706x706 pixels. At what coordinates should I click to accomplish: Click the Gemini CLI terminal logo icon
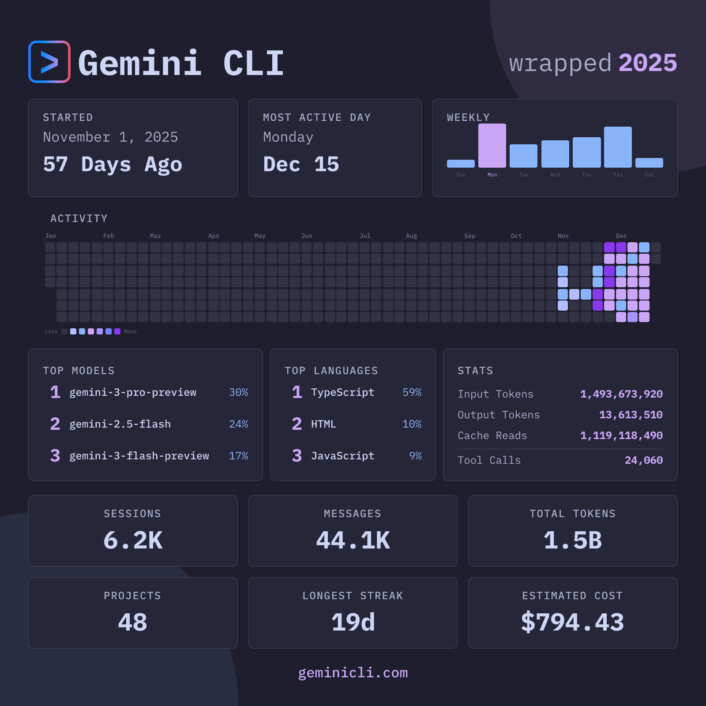pyautogui.click(x=49, y=62)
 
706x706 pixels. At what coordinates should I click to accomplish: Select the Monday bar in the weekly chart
pyautogui.click(x=492, y=146)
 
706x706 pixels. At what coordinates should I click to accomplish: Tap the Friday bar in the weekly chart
pyautogui.click(x=618, y=147)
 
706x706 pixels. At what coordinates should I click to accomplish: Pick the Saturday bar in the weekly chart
pyautogui.click(x=649, y=163)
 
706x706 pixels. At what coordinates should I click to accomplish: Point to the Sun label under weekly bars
pyautogui.click(x=461, y=175)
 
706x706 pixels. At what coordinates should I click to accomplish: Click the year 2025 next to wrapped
pyautogui.click(x=647, y=63)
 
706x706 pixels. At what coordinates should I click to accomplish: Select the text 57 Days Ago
pyautogui.click(x=113, y=165)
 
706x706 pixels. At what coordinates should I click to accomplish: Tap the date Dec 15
pyautogui.click(x=301, y=165)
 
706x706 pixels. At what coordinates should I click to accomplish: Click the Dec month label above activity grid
pyautogui.click(x=621, y=236)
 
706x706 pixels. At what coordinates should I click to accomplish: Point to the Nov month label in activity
pyautogui.click(x=563, y=236)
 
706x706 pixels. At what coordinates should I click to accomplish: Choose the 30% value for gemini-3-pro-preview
pyautogui.click(x=238, y=392)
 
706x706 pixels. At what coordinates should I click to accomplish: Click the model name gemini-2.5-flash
pyautogui.click(x=120, y=424)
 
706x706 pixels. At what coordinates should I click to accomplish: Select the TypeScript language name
pyautogui.click(x=342, y=392)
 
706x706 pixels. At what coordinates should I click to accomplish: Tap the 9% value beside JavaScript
pyautogui.click(x=415, y=456)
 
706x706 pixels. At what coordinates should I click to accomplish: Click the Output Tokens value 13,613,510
pyautogui.click(x=631, y=415)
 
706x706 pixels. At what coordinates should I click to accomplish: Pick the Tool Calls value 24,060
pyautogui.click(x=643, y=460)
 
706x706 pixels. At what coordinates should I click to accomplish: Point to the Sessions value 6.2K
pyautogui.click(x=133, y=541)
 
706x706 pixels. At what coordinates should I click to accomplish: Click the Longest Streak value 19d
pyautogui.click(x=353, y=623)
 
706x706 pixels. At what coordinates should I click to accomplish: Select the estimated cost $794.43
pyautogui.click(x=572, y=623)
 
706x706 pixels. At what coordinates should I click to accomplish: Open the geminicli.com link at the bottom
pyautogui.click(x=353, y=672)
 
